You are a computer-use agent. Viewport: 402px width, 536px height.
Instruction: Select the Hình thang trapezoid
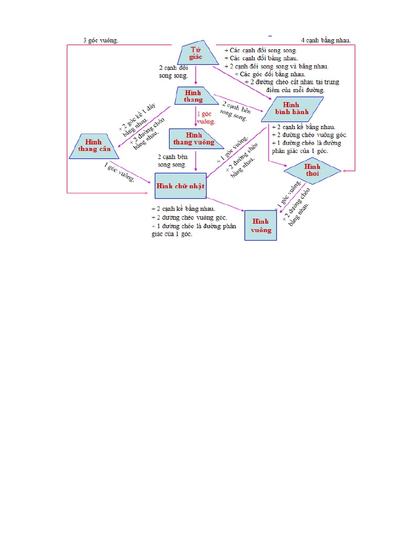[x=194, y=96]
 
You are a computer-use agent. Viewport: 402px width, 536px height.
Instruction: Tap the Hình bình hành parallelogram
[x=293, y=109]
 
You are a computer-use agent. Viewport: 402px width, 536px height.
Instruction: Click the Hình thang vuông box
[x=193, y=139]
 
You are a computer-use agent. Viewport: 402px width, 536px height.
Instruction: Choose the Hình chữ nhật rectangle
[x=180, y=186]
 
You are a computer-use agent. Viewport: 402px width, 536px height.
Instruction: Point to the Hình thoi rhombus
[x=312, y=170]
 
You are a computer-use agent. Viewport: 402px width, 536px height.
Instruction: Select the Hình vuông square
[x=261, y=226]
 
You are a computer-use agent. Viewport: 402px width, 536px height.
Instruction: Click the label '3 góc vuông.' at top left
[x=101, y=40]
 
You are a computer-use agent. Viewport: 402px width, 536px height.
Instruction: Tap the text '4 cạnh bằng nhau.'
[x=326, y=40]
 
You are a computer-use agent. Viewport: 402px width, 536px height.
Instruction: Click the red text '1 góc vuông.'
[x=206, y=118]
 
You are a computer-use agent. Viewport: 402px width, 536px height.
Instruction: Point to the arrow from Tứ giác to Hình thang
[x=196, y=75]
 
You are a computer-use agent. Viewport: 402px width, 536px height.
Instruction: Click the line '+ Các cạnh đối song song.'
[x=260, y=50]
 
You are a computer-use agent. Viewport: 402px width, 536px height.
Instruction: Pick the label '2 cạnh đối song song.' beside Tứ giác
[x=173, y=72]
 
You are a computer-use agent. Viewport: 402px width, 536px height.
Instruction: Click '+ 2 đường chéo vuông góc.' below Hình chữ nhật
[x=189, y=217]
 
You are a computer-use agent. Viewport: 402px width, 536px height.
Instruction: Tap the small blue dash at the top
[x=271, y=36]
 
